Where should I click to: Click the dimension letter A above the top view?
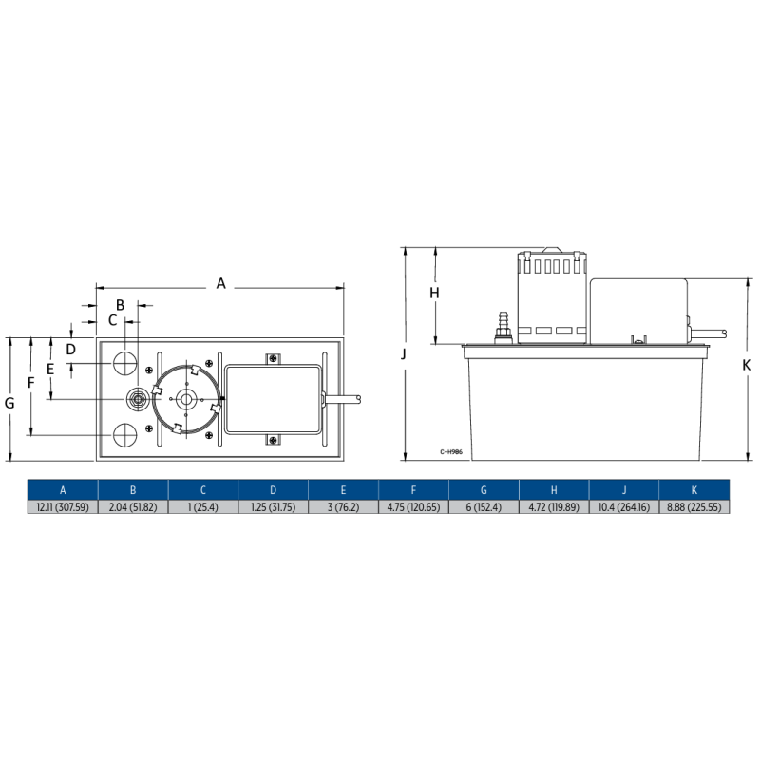point(221,283)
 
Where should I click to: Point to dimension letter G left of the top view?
point(9,403)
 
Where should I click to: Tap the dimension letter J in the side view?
point(404,353)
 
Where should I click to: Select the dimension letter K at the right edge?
point(747,365)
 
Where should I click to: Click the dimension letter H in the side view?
point(434,294)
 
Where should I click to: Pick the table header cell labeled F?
point(414,490)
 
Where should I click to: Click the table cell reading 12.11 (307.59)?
point(63,507)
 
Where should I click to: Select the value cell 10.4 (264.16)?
point(625,507)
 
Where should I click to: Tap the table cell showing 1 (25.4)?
point(203,507)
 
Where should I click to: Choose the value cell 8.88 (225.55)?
point(694,507)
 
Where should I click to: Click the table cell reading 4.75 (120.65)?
point(414,507)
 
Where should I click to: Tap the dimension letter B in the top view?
point(120,305)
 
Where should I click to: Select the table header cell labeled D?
point(274,490)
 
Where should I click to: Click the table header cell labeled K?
point(694,490)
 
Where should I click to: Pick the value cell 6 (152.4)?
point(484,507)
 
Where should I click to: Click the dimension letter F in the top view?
point(30,382)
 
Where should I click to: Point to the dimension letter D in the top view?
point(71,349)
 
